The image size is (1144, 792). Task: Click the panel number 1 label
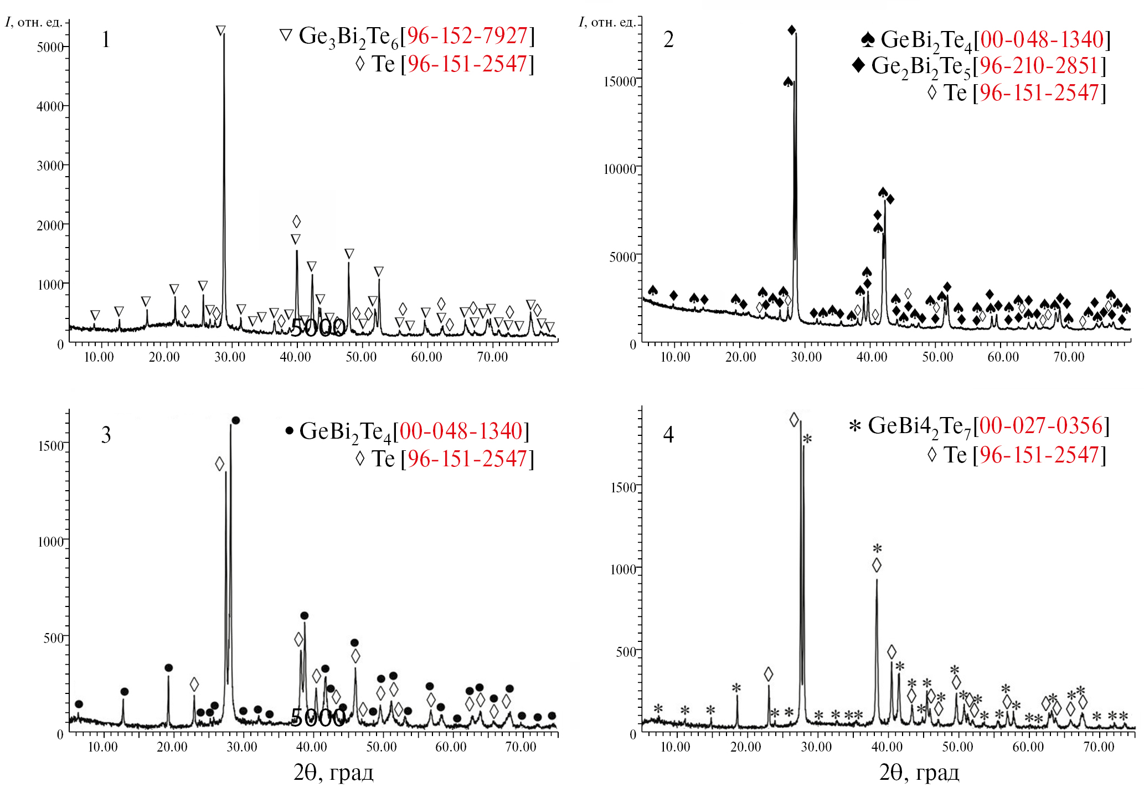coord(106,40)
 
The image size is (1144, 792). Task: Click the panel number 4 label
coord(668,435)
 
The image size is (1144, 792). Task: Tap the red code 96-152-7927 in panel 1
coord(467,36)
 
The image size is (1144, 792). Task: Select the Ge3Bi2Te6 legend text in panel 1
coord(348,37)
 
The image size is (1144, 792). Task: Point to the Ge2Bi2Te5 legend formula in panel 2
coord(921,68)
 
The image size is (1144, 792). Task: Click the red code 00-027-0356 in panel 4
coord(1042,426)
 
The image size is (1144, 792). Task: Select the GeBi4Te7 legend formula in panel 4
coord(919,427)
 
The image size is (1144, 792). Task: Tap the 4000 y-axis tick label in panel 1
coord(50,106)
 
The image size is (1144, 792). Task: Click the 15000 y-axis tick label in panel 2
coord(620,82)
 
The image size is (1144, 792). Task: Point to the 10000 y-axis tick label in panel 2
coord(620,169)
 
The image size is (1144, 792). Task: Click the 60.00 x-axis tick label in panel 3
coord(451,747)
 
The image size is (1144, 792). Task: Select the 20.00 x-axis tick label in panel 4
coord(746,747)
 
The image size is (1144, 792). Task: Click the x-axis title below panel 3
coord(333,772)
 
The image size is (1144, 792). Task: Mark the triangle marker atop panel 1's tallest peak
coord(221,30)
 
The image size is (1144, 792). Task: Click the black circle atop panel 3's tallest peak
coord(235,421)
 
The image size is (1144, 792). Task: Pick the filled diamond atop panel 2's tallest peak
coord(792,30)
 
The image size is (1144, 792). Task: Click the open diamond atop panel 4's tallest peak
coord(794,420)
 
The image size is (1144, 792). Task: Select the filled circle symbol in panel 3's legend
coord(289,431)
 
